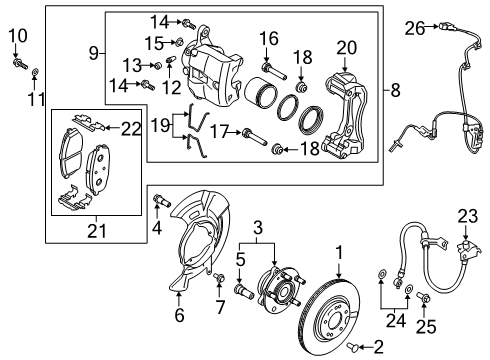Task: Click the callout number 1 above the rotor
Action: click(340, 253)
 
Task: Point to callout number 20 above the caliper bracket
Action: click(346, 46)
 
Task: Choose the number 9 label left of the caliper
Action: click(93, 52)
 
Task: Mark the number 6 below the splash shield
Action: click(180, 315)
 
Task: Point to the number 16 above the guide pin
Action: click(267, 38)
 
